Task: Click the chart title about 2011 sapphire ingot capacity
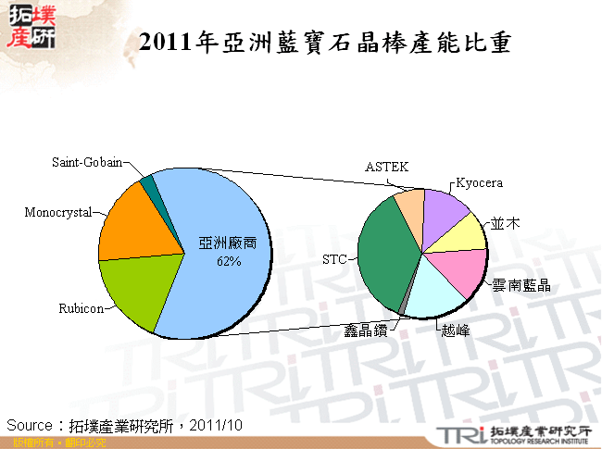coord(323,43)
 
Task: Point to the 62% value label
coord(228,262)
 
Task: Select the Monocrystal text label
coord(58,213)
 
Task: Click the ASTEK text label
coord(386,167)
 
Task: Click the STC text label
coord(333,260)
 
